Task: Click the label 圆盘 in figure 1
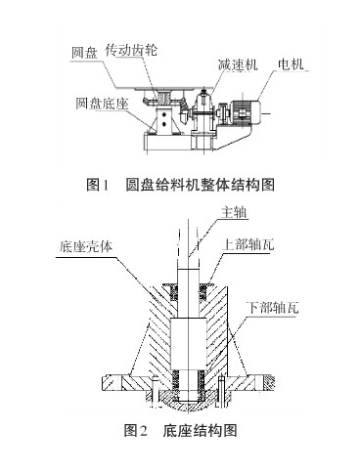84,53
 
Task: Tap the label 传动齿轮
131,50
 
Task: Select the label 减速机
238,64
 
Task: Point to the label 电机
291,64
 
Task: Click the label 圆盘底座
102,104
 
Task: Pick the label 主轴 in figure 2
234,212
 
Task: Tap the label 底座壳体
86,246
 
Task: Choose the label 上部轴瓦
247,244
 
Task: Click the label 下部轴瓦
272,308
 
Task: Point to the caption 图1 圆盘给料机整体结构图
180,185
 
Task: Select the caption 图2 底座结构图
180,430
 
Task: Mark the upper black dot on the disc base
164,114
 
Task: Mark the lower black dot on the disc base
164,123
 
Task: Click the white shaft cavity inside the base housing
189,345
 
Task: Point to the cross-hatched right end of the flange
268,383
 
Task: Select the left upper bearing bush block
174,292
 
